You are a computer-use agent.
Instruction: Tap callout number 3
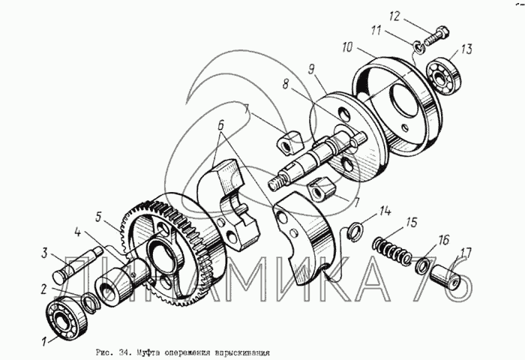(46, 252)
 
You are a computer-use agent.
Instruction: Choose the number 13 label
(466, 49)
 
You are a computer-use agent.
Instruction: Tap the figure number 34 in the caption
(125, 351)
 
